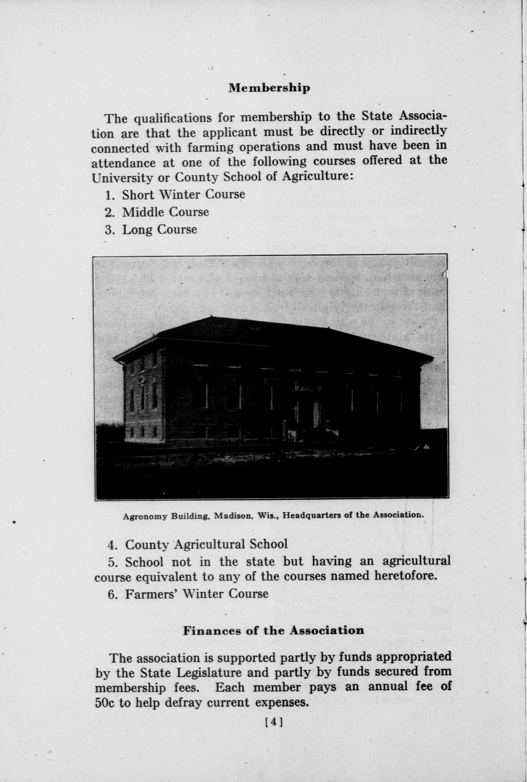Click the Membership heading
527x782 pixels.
(x=269, y=88)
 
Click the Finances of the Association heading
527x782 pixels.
(x=273, y=630)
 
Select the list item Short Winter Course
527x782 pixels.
(x=183, y=194)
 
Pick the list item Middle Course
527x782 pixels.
(x=165, y=212)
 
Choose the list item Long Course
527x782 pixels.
(x=159, y=229)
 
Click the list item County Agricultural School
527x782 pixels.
(x=206, y=545)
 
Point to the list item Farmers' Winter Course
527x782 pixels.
(x=196, y=594)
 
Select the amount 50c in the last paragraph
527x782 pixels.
(x=105, y=703)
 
